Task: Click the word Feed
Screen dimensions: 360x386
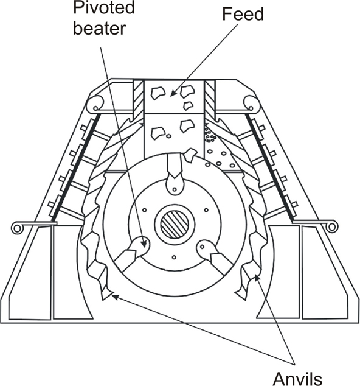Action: coord(243,14)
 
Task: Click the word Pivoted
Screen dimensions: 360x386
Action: coord(104,7)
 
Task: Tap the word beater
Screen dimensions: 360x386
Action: coord(100,28)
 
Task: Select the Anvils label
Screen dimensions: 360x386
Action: coord(297,379)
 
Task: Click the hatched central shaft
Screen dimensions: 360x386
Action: coord(175,225)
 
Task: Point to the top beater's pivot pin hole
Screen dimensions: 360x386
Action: coord(175,189)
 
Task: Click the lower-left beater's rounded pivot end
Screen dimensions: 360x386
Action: coord(139,245)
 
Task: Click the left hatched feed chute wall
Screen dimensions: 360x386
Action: coord(138,99)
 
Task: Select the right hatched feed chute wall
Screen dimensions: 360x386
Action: coord(210,99)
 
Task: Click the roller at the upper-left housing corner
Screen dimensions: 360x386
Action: coord(95,104)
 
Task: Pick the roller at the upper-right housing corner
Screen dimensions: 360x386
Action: coord(251,104)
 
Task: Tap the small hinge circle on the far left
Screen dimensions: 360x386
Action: coord(17,228)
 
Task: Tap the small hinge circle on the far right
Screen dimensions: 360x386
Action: coord(331,226)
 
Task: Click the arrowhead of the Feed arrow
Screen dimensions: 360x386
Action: coord(173,94)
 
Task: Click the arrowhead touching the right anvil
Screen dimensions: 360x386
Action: coord(256,278)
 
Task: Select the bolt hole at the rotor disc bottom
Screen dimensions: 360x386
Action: coord(174,258)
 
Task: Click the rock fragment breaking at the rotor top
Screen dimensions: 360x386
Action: coord(190,155)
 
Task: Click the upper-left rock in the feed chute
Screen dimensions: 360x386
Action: coord(158,93)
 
